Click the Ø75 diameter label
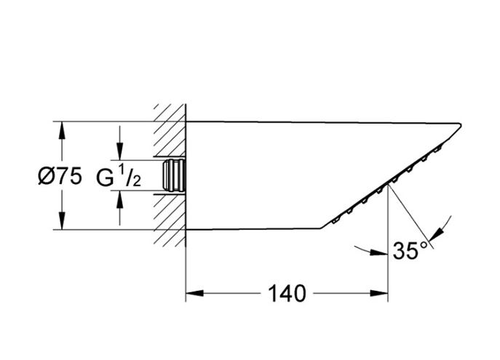click(x=60, y=176)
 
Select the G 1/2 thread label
click(x=119, y=177)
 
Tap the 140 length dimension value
click(x=287, y=293)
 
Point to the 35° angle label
click(x=410, y=251)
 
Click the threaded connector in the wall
click(x=174, y=175)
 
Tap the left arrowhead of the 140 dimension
click(x=194, y=293)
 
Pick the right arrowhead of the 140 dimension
click(x=379, y=293)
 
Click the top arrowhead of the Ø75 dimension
click(x=62, y=130)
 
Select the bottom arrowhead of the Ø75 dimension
click(x=62, y=220)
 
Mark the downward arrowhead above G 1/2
click(x=120, y=151)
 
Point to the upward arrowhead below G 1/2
click(x=120, y=200)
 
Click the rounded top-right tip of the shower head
click(x=460, y=125)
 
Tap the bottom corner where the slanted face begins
click(x=321, y=228)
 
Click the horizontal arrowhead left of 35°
click(x=379, y=253)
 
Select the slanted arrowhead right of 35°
click(x=435, y=234)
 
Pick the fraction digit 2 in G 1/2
click(x=137, y=182)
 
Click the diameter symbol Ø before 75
click(x=45, y=176)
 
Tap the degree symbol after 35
click(x=424, y=245)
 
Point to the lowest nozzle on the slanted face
click(x=336, y=220)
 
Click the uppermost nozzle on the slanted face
click(x=437, y=149)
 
